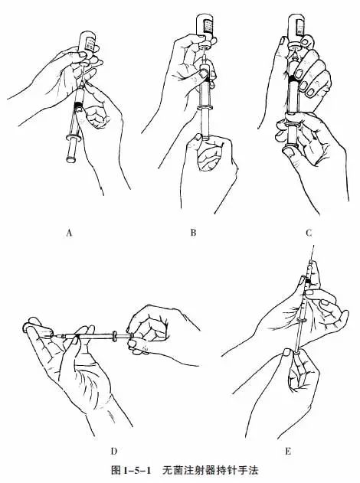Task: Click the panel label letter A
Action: pos(69,233)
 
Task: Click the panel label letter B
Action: pos(193,232)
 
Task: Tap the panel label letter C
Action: pos(309,233)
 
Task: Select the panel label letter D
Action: pos(113,452)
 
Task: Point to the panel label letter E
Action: pos(288,452)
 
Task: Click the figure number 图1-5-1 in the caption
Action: pos(131,471)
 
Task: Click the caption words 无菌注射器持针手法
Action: pos(210,471)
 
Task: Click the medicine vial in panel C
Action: pos(297,30)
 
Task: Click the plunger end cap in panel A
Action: pos(71,159)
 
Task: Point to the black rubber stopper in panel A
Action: pos(79,105)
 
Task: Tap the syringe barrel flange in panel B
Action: pos(205,107)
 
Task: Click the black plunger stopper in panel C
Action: pos(293,79)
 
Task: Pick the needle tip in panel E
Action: pos(314,246)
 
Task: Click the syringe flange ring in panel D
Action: pos(114,336)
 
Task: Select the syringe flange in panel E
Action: pos(301,321)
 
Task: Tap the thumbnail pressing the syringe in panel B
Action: pos(202,73)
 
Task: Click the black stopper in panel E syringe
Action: pos(308,281)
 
